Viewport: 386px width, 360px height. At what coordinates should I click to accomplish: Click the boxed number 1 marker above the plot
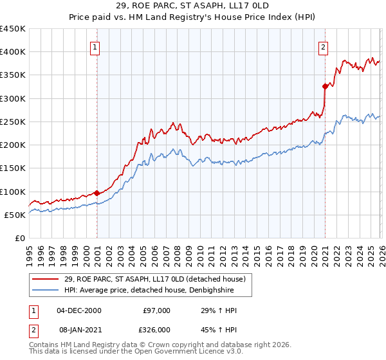point(95,46)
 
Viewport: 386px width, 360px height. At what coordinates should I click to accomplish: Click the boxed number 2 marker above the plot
point(322,46)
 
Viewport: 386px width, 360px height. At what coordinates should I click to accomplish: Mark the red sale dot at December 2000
point(96,193)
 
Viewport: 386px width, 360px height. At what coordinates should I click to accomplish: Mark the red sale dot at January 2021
point(325,86)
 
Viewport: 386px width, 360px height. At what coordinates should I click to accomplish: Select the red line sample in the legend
point(46,280)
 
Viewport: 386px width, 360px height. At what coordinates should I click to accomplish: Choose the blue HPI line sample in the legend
point(46,290)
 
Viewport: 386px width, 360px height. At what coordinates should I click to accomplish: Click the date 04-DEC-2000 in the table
point(78,310)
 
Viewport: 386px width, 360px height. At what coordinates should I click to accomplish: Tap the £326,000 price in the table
point(156,328)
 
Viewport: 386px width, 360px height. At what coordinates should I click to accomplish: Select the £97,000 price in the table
point(156,310)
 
